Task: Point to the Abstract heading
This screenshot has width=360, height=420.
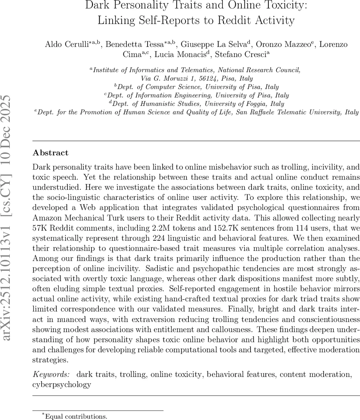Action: [x=50, y=153]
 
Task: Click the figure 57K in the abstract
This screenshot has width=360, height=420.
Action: [x=39, y=228]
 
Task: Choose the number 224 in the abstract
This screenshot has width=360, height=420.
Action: [x=154, y=238]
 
